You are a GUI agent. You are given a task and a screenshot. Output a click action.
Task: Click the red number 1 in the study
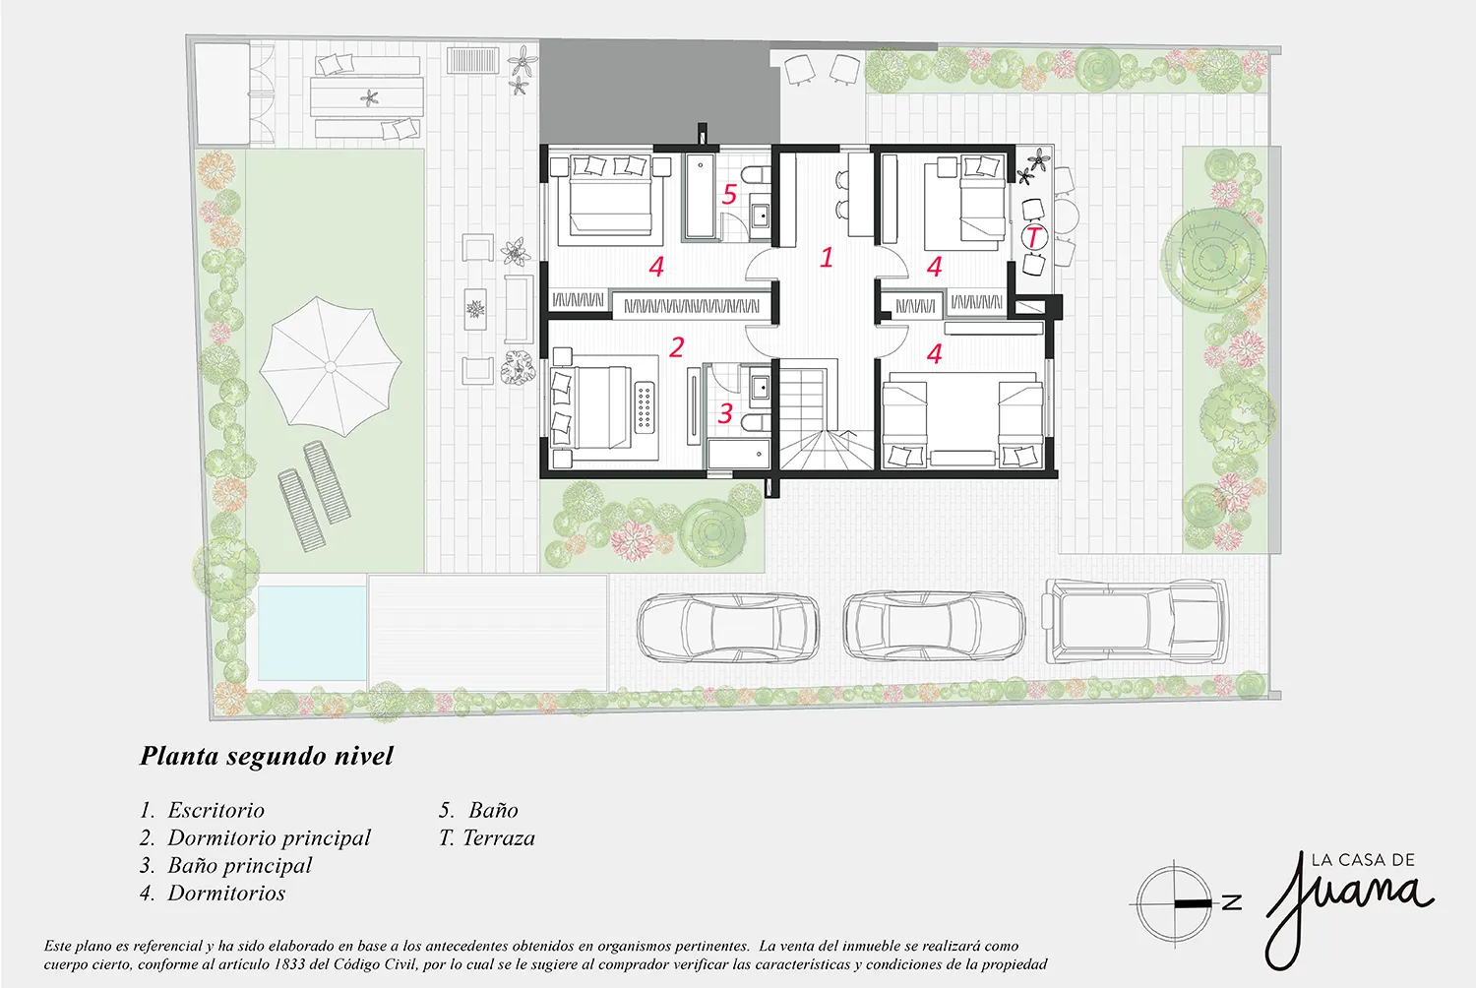coord(827,257)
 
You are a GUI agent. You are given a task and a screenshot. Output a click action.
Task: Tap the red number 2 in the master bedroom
coord(677,347)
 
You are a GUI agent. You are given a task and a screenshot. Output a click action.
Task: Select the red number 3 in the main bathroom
coord(725,413)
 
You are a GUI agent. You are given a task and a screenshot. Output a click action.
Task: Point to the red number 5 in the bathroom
coord(729,195)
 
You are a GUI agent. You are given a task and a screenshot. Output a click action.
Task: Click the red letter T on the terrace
coord(1034,236)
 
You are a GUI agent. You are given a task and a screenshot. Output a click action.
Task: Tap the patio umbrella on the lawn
coord(330,366)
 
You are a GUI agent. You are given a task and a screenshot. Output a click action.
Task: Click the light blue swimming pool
coord(312,633)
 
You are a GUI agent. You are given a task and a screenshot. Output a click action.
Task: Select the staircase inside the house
coord(827,418)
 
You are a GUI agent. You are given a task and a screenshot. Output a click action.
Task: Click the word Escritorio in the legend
coord(216,810)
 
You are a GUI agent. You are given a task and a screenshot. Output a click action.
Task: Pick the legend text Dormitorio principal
coord(269,837)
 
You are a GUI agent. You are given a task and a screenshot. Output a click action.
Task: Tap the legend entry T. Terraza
coord(487,837)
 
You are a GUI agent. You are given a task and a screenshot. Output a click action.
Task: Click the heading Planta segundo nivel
coord(267,756)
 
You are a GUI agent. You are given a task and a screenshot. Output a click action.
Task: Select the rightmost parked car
coord(1135,620)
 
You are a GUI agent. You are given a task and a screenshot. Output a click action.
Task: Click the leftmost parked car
coord(728,627)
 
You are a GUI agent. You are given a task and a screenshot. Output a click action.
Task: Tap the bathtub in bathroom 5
coord(700,196)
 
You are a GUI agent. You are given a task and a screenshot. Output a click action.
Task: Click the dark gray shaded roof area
coord(659,93)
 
